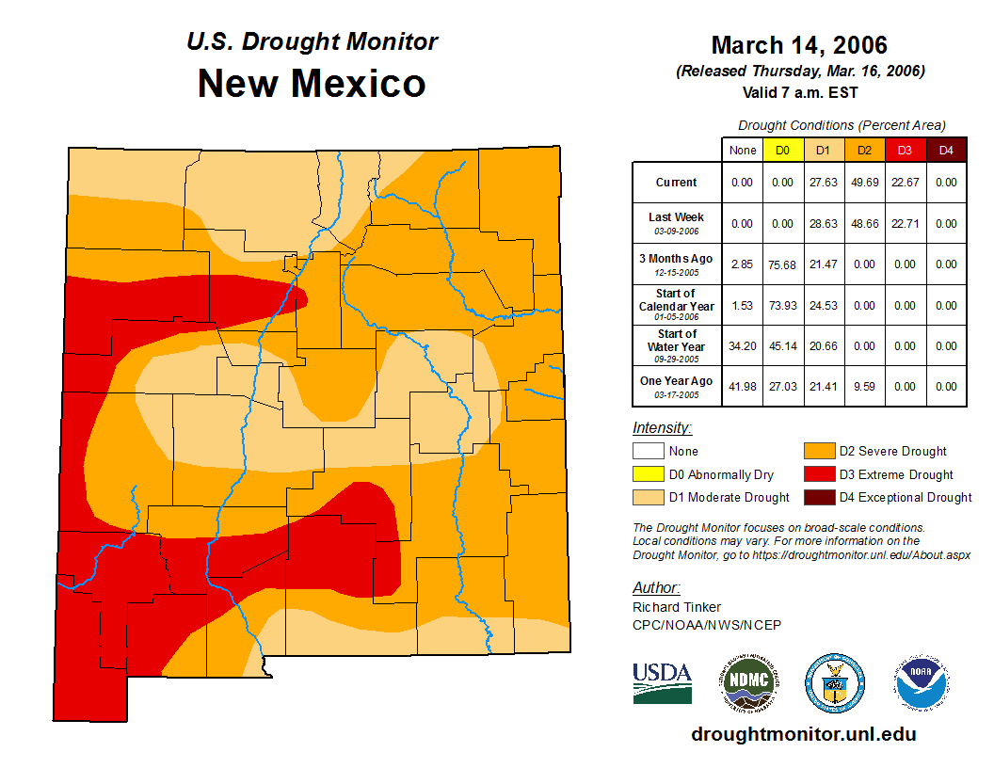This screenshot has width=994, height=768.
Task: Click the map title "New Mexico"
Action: tap(312, 84)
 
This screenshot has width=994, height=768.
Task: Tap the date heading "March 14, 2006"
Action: tap(799, 45)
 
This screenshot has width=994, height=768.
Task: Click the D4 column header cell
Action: tap(946, 150)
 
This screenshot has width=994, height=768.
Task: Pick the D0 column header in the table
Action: tap(782, 150)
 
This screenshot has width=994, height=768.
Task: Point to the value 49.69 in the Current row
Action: tap(864, 183)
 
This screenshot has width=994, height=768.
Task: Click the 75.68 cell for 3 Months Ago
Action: tap(782, 264)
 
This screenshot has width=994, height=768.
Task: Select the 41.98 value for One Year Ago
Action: tap(742, 387)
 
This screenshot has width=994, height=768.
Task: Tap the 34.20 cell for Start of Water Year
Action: tap(742, 346)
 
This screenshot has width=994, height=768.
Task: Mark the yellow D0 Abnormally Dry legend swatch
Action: tap(648, 474)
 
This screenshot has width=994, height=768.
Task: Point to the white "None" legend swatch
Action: tap(648, 452)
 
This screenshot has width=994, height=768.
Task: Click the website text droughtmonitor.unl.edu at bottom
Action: tap(803, 734)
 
